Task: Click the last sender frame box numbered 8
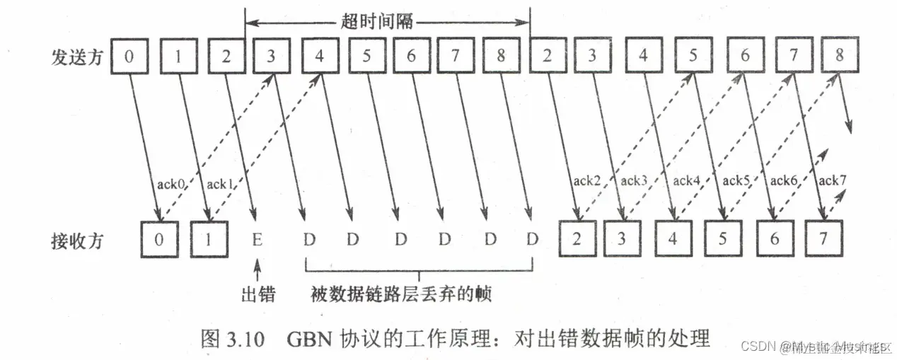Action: pyautogui.click(x=839, y=56)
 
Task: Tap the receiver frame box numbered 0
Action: pyautogui.click(x=159, y=238)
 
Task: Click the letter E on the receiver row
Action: pyautogui.click(x=257, y=239)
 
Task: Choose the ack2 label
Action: pyautogui.click(x=586, y=180)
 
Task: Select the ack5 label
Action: pyautogui.click(x=736, y=180)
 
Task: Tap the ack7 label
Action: pyautogui.click(x=832, y=180)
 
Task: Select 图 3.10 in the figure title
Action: pyautogui.click(x=233, y=338)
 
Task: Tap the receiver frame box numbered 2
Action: pyautogui.click(x=577, y=238)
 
